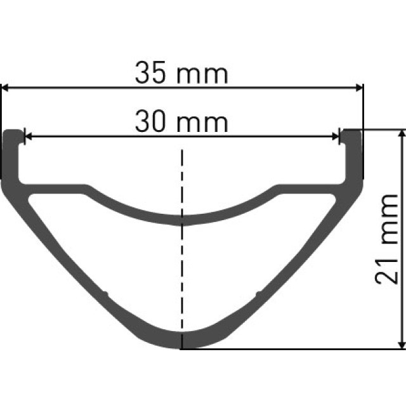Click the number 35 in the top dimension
pos(151,74)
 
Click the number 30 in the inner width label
pos(151,121)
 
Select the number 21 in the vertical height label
pos(386,268)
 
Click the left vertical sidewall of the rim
pos(11,159)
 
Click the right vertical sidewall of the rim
pos(353,159)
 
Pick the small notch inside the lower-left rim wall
pos(106,293)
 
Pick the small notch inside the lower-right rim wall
pos(258,293)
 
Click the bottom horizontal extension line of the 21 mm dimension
pos(292,349)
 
